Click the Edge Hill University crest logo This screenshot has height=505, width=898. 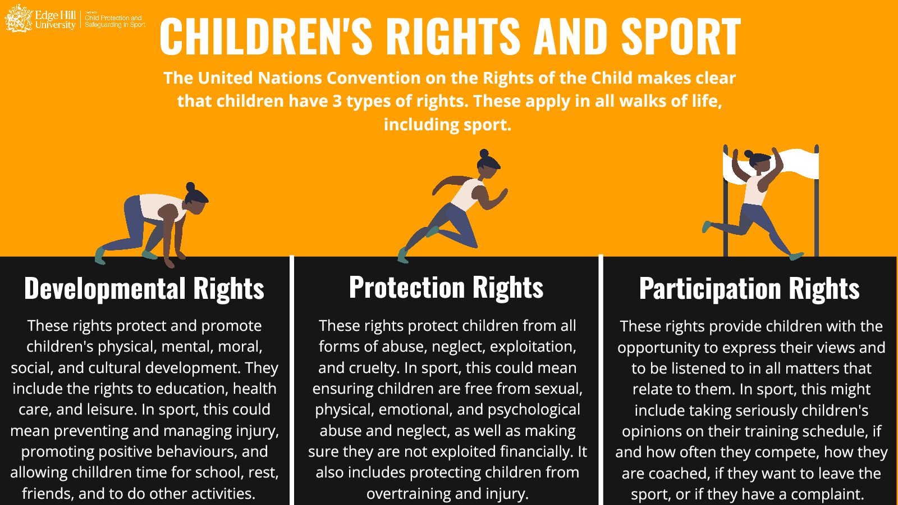tap(19, 18)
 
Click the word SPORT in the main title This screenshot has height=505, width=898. tap(681, 37)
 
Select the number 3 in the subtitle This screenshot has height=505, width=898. tap(337, 101)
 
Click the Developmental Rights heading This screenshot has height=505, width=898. tap(144, 288)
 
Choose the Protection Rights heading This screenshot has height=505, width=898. tap(446, 287)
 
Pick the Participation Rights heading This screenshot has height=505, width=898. tap(749, 288)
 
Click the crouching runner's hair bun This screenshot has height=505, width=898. tap(190, 186)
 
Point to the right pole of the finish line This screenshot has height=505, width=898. tap(817, 201)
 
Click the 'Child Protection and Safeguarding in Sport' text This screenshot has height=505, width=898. tap(114, 21)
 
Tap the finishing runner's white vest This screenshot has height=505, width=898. tap(755, 190)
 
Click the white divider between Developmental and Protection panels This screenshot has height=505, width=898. tap(292, 380)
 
